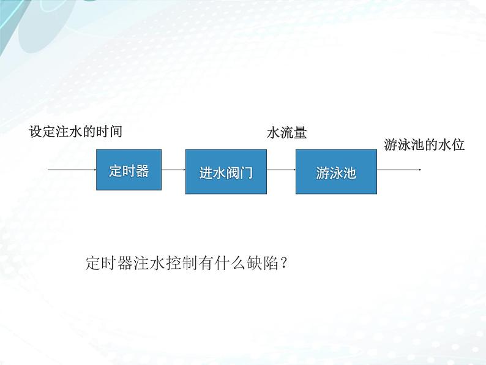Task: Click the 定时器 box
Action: pos(129,170)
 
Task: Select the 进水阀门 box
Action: pos(226,171)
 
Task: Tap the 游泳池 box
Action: pos(336,171)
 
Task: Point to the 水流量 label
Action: pos(286,132)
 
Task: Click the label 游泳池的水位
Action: pos(425,145)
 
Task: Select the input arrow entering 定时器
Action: pos(72,170)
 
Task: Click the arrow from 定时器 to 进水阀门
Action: pos(174,170)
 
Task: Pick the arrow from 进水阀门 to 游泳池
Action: pos(281,170)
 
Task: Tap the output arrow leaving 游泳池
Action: pos(399,170)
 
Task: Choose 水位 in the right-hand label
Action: pos(452,145)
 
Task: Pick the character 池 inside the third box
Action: pos(350,173)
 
